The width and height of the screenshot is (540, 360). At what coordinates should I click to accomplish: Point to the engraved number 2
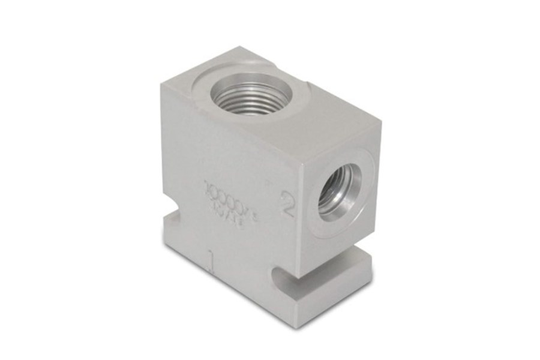click(287, 206)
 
